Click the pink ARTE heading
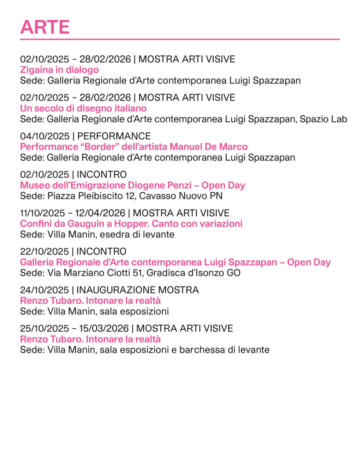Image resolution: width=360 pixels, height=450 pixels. point(45,27)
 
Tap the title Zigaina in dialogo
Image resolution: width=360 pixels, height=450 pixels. point(59,70)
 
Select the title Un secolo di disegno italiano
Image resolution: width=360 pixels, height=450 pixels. point(83,108)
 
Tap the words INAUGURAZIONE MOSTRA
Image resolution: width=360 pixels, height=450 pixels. point(138,290)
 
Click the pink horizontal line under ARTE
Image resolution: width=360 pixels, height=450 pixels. point(180,39)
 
